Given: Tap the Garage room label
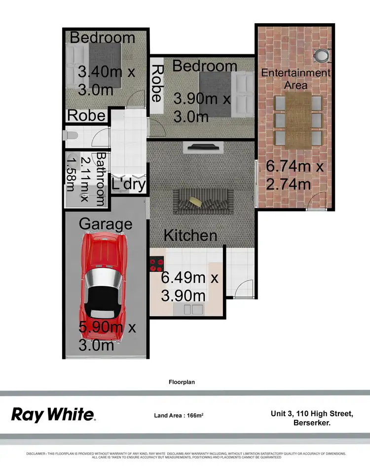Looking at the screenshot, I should pos(106,224).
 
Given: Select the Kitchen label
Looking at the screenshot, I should pos(190,235).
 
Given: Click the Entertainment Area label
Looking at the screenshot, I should pos(296,79).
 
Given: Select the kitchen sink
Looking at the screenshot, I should pos(193,310).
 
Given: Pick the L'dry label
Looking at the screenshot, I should pos(128,184).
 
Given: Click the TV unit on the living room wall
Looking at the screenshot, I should pos(203,147).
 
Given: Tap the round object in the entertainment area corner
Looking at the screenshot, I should pos(322,55).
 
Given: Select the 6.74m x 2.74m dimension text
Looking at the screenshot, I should pos(295,175).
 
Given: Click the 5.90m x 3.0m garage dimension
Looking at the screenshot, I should pos(107,336).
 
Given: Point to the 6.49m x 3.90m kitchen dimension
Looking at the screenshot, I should pos(189,286).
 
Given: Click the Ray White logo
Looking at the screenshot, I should pos(53,414).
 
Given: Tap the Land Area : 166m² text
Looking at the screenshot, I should pos(179,415).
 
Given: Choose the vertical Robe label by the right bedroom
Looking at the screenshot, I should pos(157,83).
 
